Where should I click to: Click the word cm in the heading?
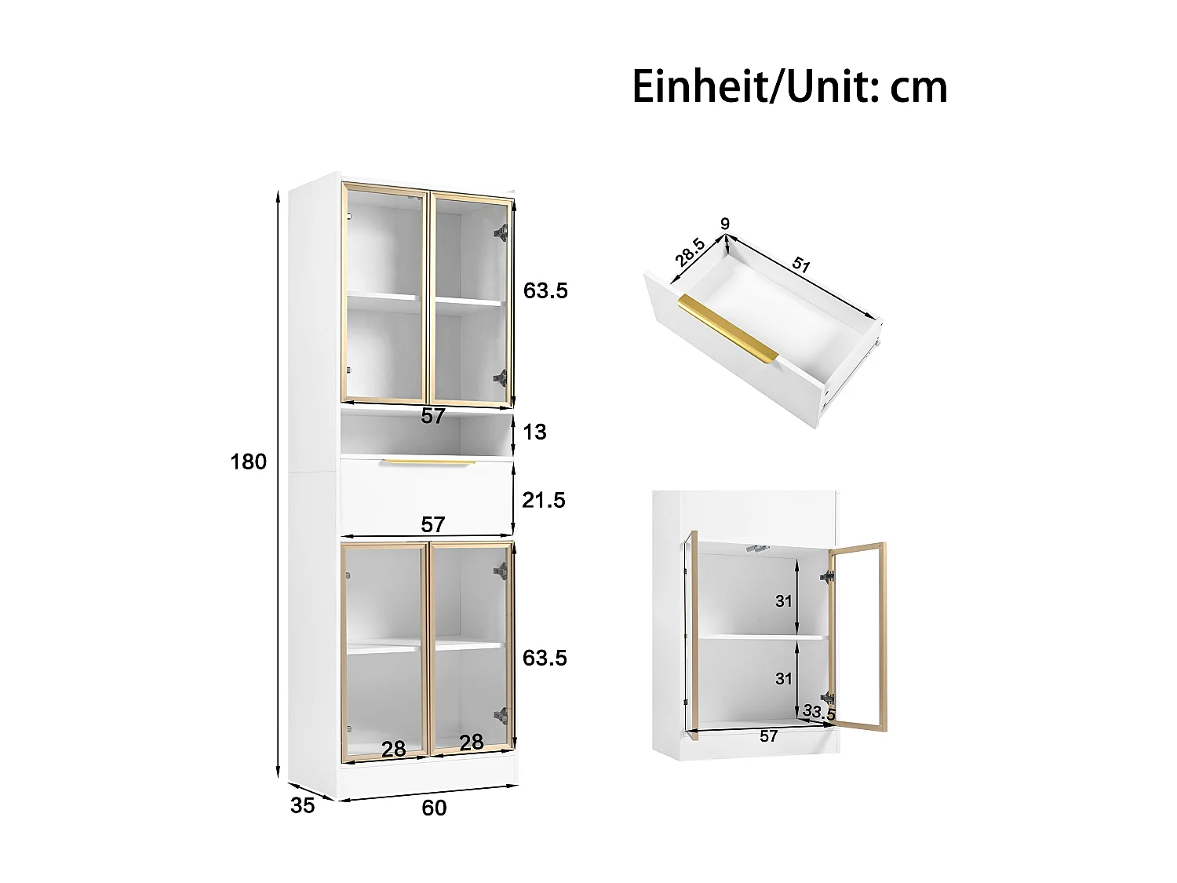[919, 87]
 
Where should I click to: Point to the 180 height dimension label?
[249, 462]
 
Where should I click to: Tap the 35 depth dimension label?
[302, 805]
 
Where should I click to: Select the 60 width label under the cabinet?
[434, 808]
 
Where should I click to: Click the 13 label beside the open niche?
[534, 432]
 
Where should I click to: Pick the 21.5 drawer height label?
[544, 500]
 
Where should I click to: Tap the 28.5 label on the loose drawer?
[690, 254]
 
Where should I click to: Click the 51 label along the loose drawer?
[800, 264]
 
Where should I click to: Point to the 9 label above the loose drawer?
[725, 224]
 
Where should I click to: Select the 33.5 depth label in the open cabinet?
[819, 713]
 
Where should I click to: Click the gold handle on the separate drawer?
[727, 329]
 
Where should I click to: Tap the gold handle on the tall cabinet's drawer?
[430, 462]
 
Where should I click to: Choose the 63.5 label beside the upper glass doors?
[545, 291]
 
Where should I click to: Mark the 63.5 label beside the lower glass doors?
[545, 658]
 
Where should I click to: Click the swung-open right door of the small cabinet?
[858, 636]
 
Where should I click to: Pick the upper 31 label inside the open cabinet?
[784, 601]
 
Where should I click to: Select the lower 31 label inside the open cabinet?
[784, 678]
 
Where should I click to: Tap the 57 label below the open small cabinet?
[769, 736]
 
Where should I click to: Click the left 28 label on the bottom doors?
[394, 749]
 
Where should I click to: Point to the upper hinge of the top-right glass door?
[500, 232]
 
